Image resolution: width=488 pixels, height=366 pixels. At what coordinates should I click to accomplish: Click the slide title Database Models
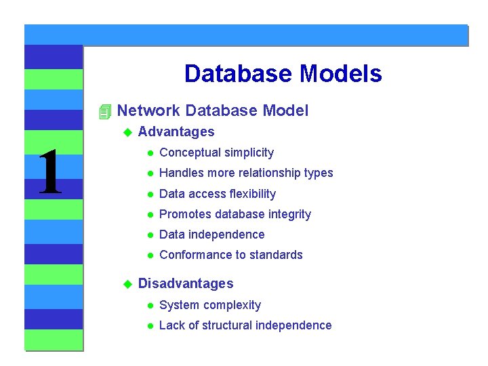[x=283, y=74]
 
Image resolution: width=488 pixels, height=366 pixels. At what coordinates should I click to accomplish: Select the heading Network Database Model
[x=212, y=110]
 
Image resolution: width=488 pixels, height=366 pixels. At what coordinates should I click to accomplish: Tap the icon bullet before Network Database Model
[x=104, y=111]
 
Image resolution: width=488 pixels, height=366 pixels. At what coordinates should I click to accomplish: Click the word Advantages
[x=176, y=131]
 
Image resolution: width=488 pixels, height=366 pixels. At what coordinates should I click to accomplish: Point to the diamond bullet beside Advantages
[x=125, y=132]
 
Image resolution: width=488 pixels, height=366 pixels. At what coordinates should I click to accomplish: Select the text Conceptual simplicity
[x=216, y=152]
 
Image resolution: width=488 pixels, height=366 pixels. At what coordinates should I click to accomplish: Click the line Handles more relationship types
[x=245, y=173]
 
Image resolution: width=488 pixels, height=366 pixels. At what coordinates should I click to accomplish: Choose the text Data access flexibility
[x=217, y=194]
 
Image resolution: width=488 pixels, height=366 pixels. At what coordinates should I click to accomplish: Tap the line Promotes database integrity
[x=235, y=214]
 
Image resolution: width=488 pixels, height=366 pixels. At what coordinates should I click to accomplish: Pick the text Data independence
[x=211, y=235]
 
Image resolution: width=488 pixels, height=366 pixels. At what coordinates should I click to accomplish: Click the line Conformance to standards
[x=230, y=255]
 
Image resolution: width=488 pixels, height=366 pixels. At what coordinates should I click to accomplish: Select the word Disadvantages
[x=185, y=283]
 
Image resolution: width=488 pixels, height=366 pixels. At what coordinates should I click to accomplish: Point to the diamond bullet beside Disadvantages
[x=125, y=284]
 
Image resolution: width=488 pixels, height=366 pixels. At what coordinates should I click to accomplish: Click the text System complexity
[x=209, y=305]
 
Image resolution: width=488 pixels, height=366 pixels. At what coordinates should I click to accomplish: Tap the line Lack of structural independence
[x=245, y=325]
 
